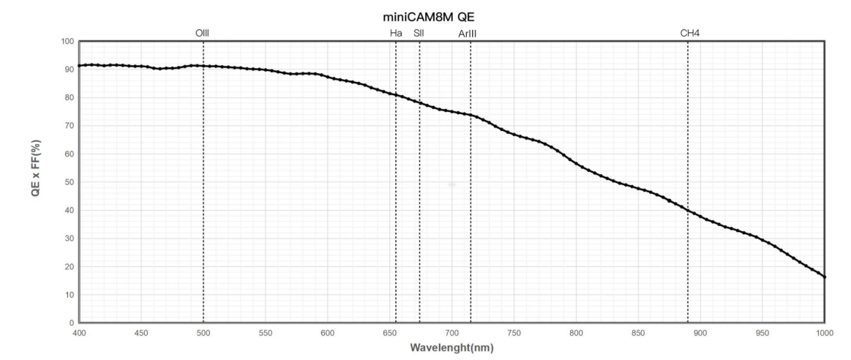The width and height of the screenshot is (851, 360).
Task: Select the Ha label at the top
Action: point(396,33)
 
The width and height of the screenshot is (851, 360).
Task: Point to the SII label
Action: point(419,33)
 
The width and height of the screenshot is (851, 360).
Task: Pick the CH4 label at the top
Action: point(688,33)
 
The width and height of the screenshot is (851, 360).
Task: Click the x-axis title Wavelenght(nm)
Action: point(451,348)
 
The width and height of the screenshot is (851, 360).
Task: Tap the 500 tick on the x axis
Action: point(203,332)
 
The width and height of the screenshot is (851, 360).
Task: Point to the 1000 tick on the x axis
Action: point(825,332)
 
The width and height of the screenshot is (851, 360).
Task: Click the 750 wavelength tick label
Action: point(514,332)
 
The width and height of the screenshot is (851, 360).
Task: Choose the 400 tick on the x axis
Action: point(79,332)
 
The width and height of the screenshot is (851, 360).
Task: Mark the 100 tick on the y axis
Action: point(67,42)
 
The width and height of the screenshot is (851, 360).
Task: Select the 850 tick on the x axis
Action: point(638,332)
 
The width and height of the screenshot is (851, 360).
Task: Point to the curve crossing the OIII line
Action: point(203,66)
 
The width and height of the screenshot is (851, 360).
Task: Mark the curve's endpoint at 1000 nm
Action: point(825,277)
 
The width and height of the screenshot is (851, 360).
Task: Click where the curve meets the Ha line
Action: point(396,94)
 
